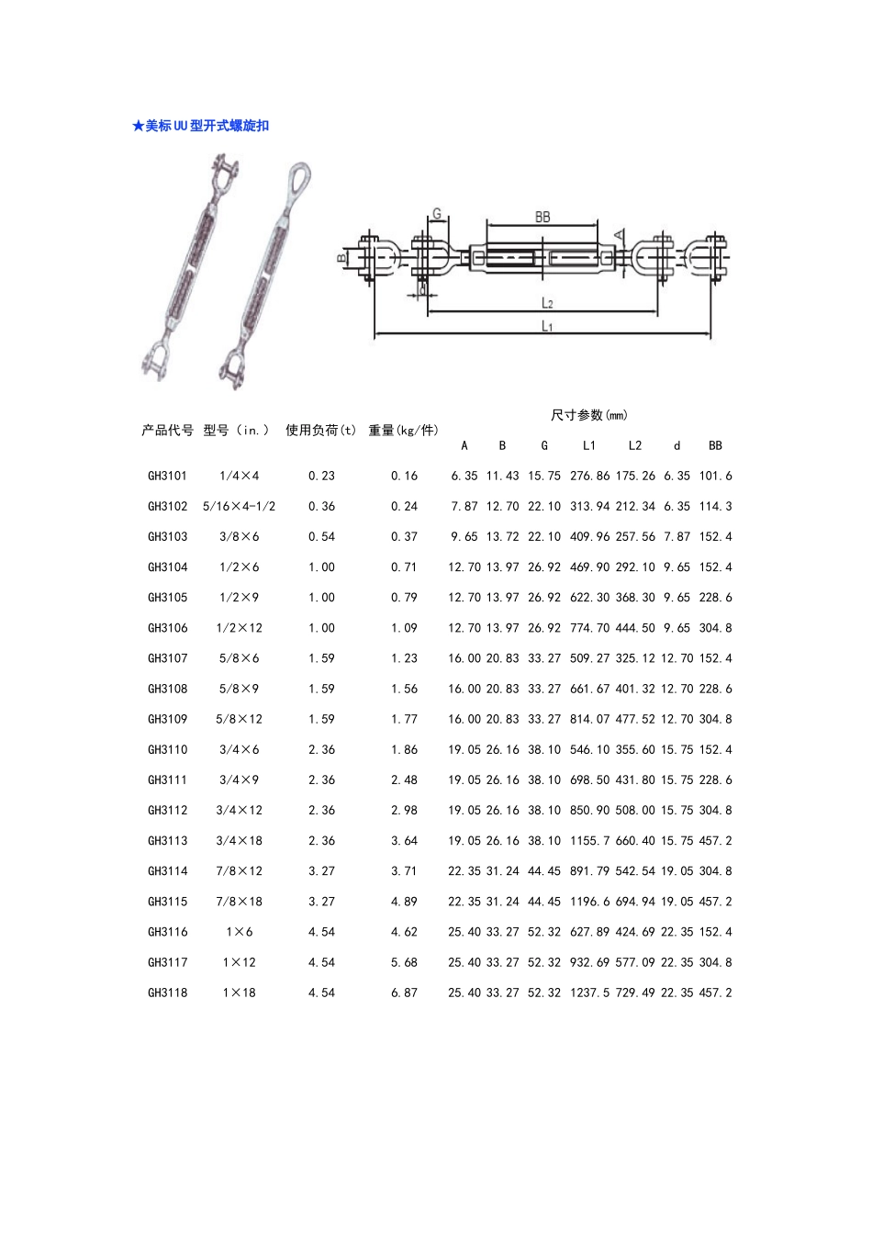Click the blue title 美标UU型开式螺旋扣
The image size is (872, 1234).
pyautogui.click(x=201, y=126)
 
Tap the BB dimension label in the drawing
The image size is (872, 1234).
pyautogui.click(x=542, y=217)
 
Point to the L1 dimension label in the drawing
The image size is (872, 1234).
pyautogui.click(x=547, y=326)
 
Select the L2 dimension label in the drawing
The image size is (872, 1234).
pyautogui.click(x=547, y=303)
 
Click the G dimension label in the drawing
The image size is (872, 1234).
pyautogui.click(x=437, y=214)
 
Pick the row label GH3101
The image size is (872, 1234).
pyautogui.click(x=167, y=476)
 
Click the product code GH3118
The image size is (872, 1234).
pyautogui.click(x=167, y=993)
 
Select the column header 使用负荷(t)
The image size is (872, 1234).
pyautogui.click(x=320, y=430)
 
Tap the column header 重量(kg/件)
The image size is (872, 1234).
pyautogui.click(x=403, y=430)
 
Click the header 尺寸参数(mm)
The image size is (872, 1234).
pyautogui.click(x=589, y=415)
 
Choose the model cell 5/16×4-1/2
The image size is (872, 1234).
pyautogui.click(x=239, y=506)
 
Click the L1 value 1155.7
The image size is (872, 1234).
pyautogui.click(x=589, y=840)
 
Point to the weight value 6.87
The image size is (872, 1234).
pyautogui.click(x=404, y=993)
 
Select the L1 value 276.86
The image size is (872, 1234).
pyautogui.click(x=589, y=476)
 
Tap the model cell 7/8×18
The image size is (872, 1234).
pyautogui.click(x=239, y=902)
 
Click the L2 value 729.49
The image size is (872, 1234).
pyautogui.click(x=635, y=993)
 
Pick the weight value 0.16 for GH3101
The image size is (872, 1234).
pyautogui.click(x=404, y=476)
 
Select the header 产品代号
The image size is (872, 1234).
pyautogui.click(x=167, y=430)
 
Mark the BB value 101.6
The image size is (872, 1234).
pyautogui.click(x=715, y=476)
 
